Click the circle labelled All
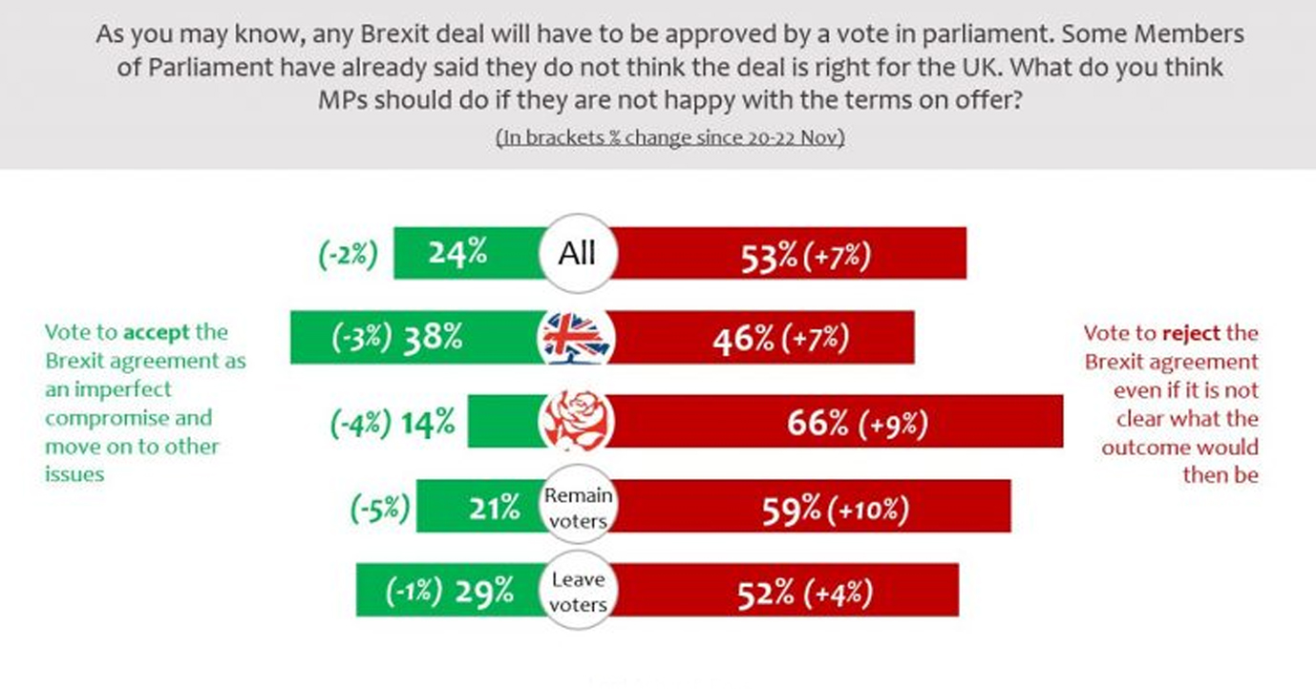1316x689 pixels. point(577,253)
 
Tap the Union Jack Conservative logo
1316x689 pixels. point(577,337)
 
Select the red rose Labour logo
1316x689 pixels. point(577,421)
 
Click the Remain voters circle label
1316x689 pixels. point(577,507)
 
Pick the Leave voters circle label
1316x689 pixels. point(577,592)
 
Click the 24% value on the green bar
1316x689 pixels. point(457,254)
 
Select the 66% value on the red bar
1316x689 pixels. point(817,424)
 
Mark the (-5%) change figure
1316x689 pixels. point(378,510)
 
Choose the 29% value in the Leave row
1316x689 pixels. point(484,594)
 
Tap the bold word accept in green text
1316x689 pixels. point(158,332)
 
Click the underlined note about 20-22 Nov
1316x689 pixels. point(669,137)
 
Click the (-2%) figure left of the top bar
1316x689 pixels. point(348,255)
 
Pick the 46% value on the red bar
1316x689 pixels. point(741,339)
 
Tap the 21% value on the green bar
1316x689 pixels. point(495,510)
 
